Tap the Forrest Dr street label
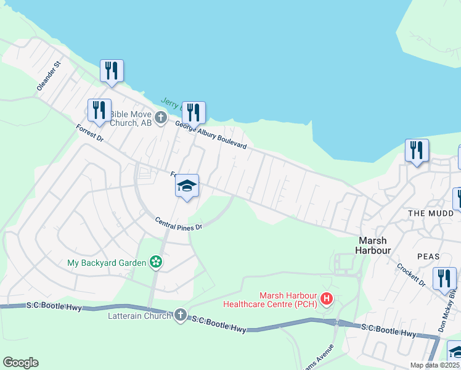(x=90, y=133)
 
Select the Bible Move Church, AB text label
(x=131, y=118)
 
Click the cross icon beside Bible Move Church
(x=161, y=117)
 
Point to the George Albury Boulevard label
(x=211, y=135)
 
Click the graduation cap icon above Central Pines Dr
(x=187, y=186)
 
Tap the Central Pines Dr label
(x=179, y=223)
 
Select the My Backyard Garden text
(x=107, y=263)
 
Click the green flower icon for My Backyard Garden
(x=157, y=263)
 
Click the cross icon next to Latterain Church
(x=180, y=315)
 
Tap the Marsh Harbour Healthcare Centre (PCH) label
(x=288, y=300)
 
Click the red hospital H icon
(x=327, y=300)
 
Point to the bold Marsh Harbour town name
(x=372, y=245)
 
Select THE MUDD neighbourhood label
(x=431, y=213)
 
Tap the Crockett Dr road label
(x=411, y=274)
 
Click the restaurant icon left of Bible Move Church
(x=99, y=110)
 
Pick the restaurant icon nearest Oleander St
(x=112, y=71)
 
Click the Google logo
(x=20, y=363)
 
